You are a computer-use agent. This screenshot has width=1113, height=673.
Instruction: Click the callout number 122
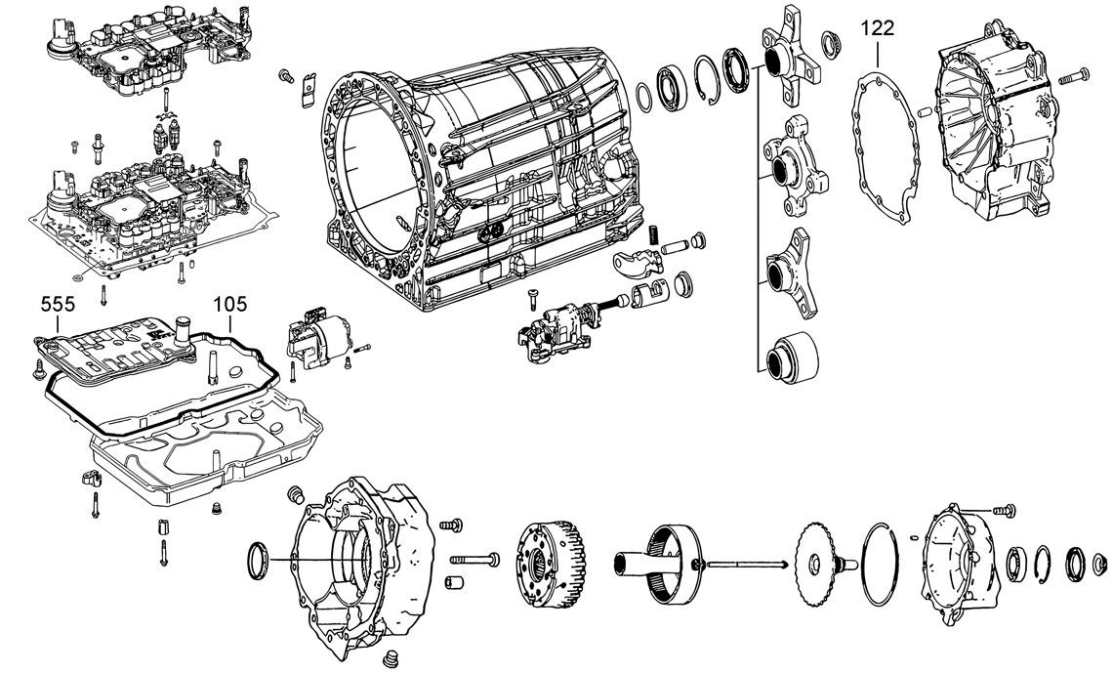coord(878,28)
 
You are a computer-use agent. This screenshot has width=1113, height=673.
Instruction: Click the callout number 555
coord(58,304)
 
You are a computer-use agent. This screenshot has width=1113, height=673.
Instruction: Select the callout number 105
coord(230,304)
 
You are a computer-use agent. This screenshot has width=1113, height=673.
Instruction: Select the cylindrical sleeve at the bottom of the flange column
coord(792,357)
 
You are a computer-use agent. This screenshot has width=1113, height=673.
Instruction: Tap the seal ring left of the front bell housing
coord(258,560)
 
